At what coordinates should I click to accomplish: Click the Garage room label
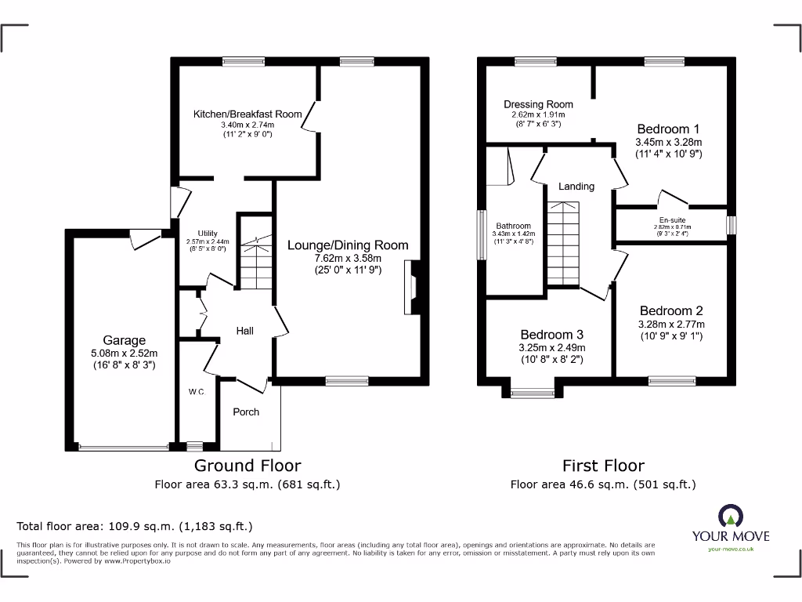125,340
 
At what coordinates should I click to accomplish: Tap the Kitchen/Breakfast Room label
247,114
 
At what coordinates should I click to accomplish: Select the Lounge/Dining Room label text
348,245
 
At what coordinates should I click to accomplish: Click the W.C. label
196,392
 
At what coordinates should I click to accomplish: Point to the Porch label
246,412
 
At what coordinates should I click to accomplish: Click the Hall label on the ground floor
245,331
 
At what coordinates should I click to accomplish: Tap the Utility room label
207,233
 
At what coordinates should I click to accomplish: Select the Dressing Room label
538,104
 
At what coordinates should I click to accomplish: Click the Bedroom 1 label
668,129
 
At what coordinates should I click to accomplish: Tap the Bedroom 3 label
551,334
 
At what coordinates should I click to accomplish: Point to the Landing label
576,187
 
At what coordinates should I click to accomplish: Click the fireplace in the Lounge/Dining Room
411,280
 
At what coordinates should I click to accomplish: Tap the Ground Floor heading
247,466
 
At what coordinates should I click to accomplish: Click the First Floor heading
603,466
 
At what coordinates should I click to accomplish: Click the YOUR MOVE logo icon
729,517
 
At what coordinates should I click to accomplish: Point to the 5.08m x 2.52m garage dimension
125,353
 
